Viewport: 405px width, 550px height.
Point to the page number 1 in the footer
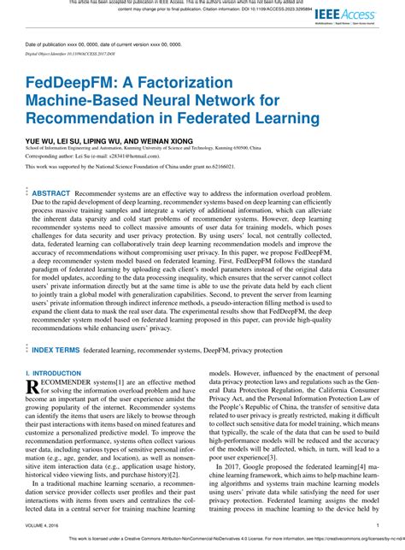click(377, 525)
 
